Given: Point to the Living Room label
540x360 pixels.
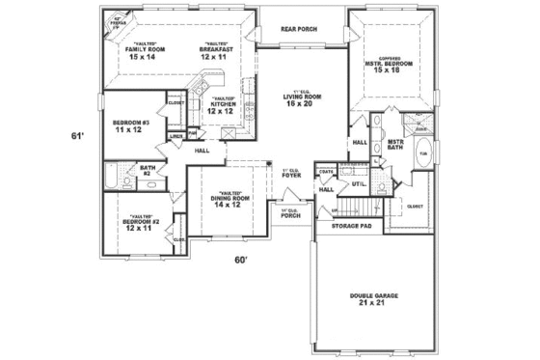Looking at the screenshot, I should [x=301, y=97].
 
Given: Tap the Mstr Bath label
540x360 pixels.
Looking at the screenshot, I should [x=394, y=145].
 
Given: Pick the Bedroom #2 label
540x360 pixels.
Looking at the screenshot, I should [x=138, y=223].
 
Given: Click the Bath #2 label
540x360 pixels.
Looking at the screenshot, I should [x=148, y=171].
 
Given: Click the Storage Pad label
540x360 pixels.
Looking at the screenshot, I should [x=352, y=227].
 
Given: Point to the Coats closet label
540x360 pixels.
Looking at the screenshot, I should [x=327, y=173].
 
